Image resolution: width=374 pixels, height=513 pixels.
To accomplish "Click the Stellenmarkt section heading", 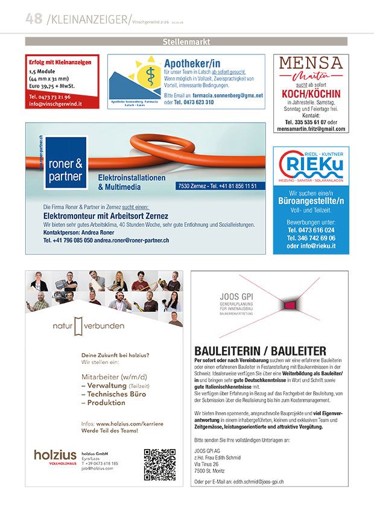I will tap(186, 42).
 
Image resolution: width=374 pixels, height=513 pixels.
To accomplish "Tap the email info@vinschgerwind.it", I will tap(55, 104).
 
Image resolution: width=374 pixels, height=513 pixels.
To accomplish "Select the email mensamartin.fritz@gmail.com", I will tap(311, 129).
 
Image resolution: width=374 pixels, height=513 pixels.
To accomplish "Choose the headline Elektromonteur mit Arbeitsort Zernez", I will tap(106, 216).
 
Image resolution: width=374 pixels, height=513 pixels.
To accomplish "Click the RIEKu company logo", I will tap(311, 165).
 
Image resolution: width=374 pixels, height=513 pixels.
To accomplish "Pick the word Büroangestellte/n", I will tap(311, 200).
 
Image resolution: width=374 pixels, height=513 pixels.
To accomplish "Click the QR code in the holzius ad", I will tap(159, 464).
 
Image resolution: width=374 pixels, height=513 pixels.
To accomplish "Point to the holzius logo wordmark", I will tap(55, 455).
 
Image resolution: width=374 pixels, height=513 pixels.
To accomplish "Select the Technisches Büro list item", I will tap(110, 394).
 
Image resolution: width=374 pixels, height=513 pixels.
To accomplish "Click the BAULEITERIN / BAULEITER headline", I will tap(260, 351).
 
